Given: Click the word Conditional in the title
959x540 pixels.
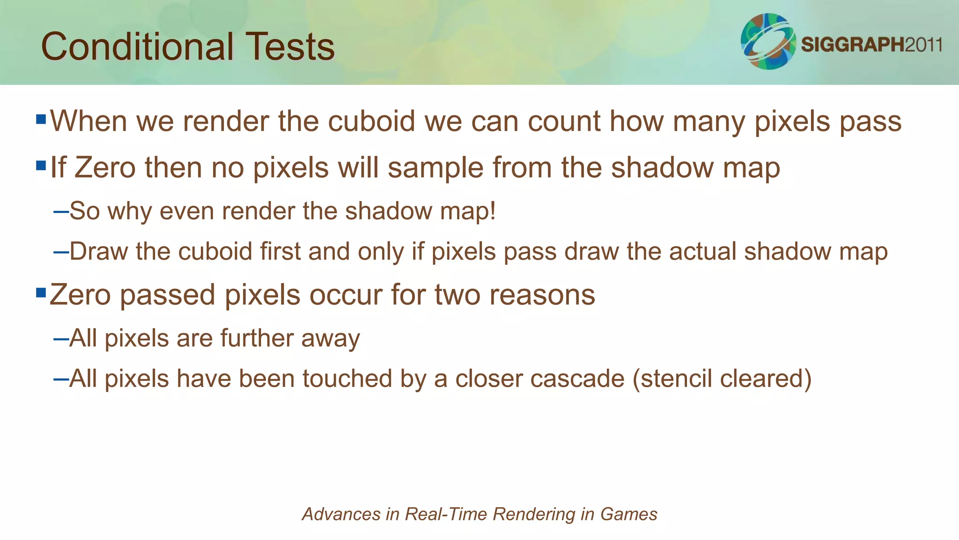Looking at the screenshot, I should pos(137,46).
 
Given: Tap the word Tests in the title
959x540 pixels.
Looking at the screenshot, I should pos(290,46).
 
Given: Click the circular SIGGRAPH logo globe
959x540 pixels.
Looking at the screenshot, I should pos(767,41).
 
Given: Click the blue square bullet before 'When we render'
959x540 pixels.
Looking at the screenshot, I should pos(41,119).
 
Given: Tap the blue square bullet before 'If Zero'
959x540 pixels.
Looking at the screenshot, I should pos(41,165).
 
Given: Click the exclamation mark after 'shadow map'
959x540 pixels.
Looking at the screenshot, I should pos(492,210).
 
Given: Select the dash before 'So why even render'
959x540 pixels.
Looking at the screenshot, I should pos(61,211).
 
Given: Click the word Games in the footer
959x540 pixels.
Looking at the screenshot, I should pos(629,514).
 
